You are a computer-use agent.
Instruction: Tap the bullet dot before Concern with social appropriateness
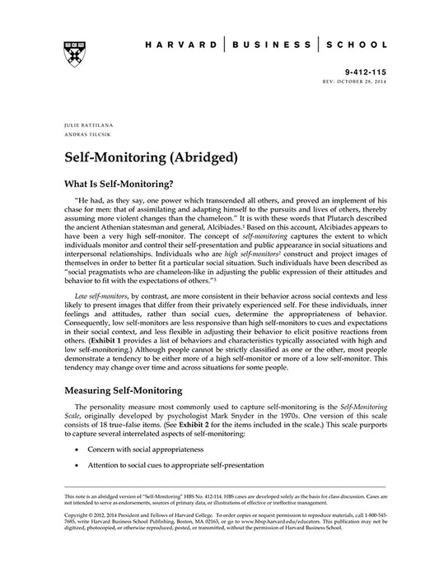[x=77, y=451]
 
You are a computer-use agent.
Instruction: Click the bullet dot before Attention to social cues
[x=77, y=465]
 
